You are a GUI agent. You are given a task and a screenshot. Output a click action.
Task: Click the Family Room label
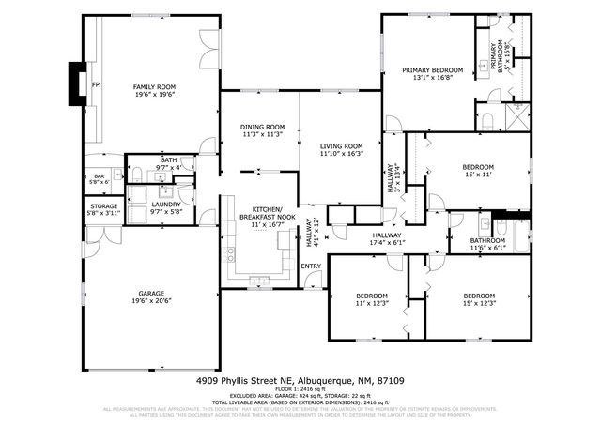(154, 86)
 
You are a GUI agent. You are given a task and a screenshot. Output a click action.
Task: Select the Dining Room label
(263, 127)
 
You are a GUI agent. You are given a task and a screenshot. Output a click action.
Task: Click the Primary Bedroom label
(432, 70)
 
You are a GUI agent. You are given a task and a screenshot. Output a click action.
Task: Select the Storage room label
(103, 205)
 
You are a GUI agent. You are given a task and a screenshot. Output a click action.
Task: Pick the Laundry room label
(165, 205)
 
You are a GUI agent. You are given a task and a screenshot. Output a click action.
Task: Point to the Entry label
(311, 266)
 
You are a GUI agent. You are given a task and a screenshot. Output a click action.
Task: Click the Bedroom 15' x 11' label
(479, 165)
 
